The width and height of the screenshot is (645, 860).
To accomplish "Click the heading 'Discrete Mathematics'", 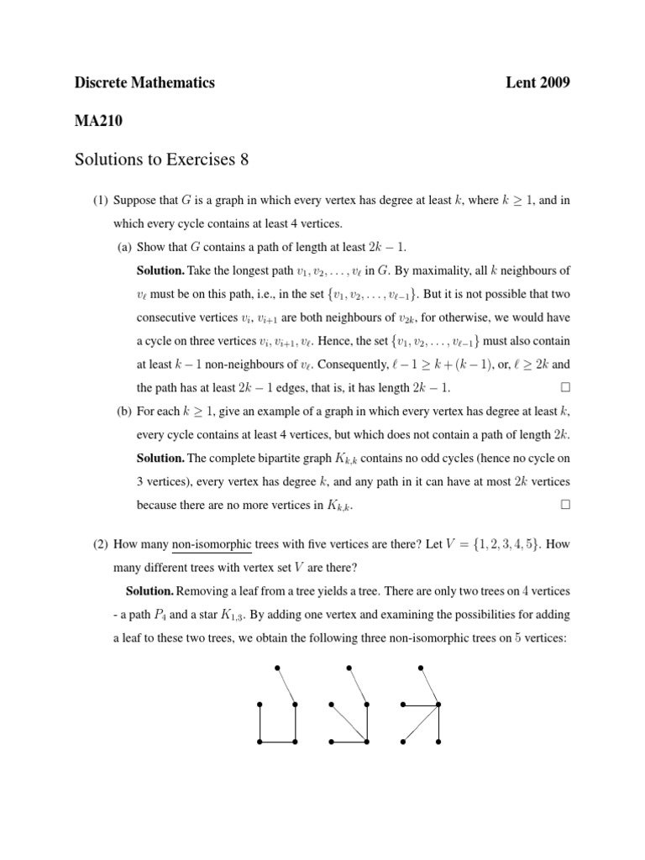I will point(144,82).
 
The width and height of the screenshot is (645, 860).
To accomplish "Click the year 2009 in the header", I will point(554,82).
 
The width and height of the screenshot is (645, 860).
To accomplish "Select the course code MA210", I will point(98,121).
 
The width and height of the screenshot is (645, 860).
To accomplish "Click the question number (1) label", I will point(101,201).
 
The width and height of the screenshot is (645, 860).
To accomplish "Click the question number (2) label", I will point(101,543).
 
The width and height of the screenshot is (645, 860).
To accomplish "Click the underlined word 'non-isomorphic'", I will point(212,544).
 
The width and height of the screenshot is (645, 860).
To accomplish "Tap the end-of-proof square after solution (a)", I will point(564,388).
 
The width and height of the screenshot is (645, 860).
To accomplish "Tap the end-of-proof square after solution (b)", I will point(564,505).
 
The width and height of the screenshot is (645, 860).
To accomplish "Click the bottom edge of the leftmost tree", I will point(278,742).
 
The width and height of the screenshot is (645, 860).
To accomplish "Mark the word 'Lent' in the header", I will point(521,82).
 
